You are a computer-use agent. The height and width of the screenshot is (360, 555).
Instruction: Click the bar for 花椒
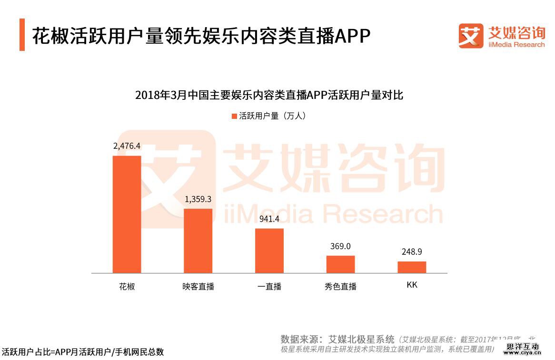click(x=127, y=214)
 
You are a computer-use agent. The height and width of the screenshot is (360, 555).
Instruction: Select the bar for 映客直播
click(x=198, y=241)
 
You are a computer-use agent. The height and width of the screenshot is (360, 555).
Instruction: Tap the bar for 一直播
click(x=269, y=251)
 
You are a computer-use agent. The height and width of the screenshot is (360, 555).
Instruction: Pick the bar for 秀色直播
click(x=340, y=264)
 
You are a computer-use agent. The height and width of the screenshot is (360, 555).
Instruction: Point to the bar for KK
click(x=412, y=267)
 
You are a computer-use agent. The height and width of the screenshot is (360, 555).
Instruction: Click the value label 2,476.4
click(x=127, y=146)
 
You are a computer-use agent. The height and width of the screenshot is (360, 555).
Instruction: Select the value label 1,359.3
click(x=198, y=199)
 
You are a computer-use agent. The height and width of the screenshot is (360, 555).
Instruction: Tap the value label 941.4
click(x=269, y=219)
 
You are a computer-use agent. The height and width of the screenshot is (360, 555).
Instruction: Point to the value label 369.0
click(x=340, y=246)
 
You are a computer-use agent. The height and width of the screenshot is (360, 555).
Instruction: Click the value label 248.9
click(x=412, y=252)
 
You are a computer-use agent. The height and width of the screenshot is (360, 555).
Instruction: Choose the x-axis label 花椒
click(x=127, y=287)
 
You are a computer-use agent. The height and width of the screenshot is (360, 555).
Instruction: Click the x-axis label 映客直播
click(x=198, y=287)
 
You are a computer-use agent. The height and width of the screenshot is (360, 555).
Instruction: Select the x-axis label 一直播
click(x=269, y=287)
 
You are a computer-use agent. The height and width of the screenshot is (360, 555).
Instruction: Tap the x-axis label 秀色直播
click(x=340, y=287)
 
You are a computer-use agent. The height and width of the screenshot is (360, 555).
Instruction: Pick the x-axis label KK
click(x=412, y=285)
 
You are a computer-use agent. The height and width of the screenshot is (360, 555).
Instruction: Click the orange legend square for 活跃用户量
click(x=234, y=116)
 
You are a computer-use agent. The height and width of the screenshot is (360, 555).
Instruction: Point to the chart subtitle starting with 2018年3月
click(x=269, y=95)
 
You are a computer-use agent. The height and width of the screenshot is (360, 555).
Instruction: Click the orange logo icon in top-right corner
click(x=471, y=36)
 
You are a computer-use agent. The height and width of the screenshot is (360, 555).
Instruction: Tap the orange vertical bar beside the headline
click(x=22, y=35)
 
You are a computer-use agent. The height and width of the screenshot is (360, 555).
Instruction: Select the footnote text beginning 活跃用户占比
click(x=83, y=352)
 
